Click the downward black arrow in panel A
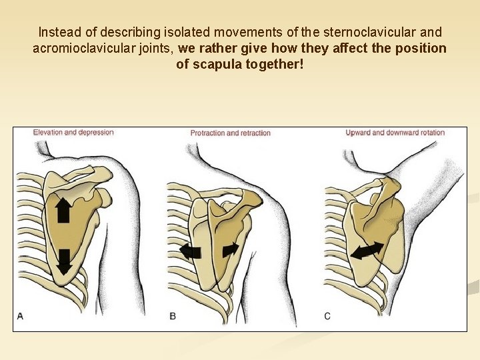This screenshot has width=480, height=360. point(63,261)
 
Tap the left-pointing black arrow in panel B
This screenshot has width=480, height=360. point(191,251)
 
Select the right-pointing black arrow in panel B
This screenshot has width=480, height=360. point(230,249)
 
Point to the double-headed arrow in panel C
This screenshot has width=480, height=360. point(367,251)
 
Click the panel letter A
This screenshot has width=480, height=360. point(20,315)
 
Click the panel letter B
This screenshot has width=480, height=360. point(173,315)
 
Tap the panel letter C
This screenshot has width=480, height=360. point(327,315)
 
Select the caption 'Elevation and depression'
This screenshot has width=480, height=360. point(73,132)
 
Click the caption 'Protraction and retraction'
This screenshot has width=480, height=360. point(231,133)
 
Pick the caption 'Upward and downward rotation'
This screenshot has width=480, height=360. point(395,133)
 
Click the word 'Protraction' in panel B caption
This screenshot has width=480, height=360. point(208,133)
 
